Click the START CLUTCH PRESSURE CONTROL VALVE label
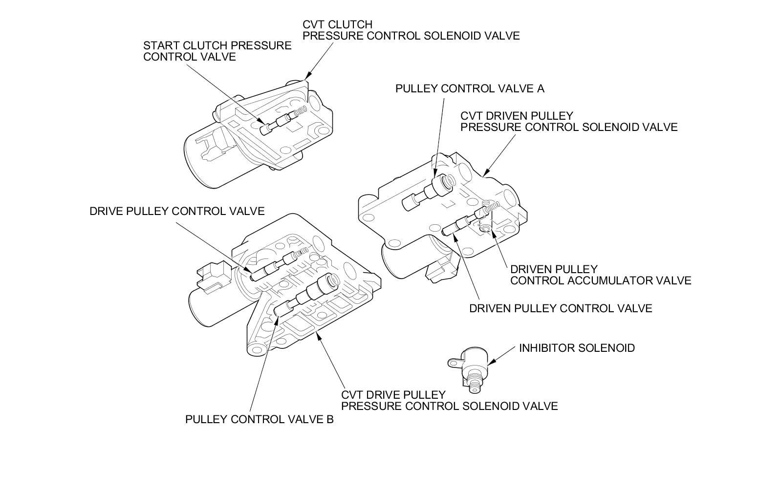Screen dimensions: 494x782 tap(217, 51)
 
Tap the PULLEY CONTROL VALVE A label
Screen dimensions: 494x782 tap(469, 89)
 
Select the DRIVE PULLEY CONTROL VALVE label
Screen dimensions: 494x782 tap(177, 211)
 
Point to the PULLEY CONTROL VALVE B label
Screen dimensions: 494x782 tap(259, 419)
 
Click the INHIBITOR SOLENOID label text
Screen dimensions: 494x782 tap(577, 348)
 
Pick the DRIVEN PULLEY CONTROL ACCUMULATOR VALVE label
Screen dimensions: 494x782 tap(600, 275)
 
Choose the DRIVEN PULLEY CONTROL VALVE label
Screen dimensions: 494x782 tap(560, 308)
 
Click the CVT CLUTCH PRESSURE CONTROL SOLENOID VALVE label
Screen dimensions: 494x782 tap(411, 30)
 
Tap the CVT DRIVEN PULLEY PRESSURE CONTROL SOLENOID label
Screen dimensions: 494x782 tap(569, 122)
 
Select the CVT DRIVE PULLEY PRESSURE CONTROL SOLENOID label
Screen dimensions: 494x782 tap(449, 401)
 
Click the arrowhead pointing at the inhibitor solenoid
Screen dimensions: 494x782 tap(491, 362)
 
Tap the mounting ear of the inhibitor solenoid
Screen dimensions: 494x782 tap(454, 362)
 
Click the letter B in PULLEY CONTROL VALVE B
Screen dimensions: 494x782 tap(330, 419)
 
